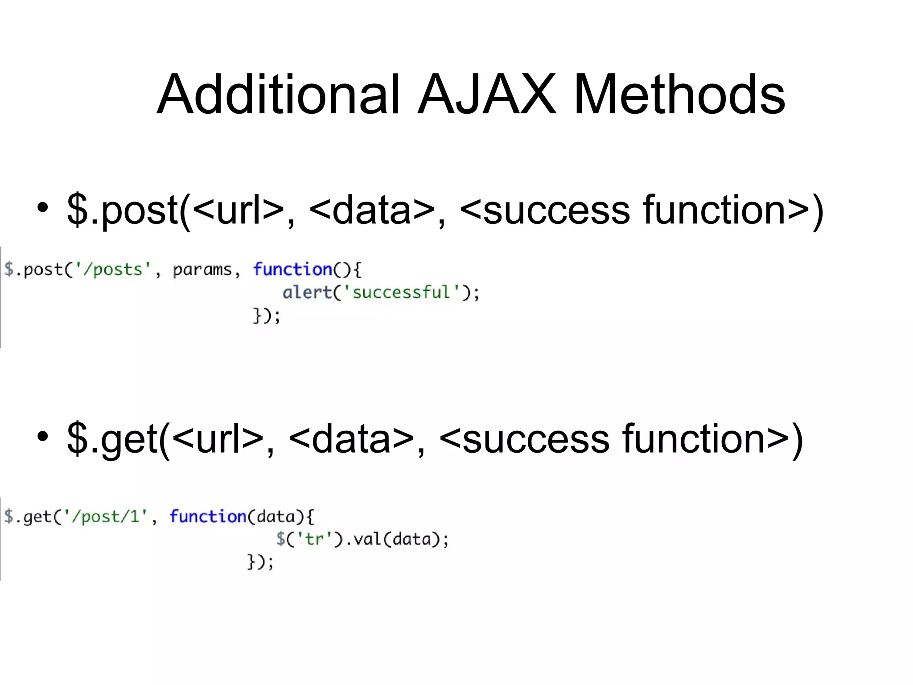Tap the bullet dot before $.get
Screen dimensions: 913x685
click(x=43, y=437)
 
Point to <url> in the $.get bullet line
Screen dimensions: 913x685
click(x=218, y=440)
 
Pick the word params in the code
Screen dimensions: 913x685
click(x=202, y=270)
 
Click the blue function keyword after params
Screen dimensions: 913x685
click(x=292, y=269)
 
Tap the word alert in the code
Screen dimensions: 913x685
click(x=307, y=293)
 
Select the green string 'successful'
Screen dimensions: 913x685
click(x=401, y=293)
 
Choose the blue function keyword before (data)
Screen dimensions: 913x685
click(x=208, y=516)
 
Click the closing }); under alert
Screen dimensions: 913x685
click(x=267, y=316)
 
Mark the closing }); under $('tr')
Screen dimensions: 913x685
click(x=260, y=562)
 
